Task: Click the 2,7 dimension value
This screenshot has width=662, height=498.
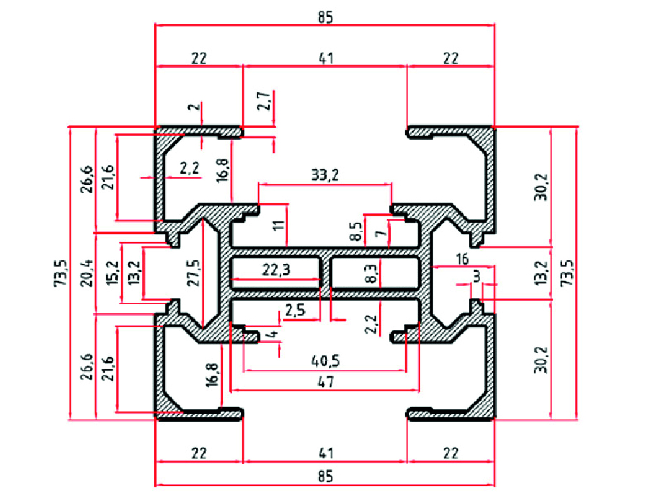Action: [x=264, y=100]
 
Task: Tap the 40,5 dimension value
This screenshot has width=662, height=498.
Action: [x=325, y=362]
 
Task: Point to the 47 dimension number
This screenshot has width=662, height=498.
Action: [x=325, y=381]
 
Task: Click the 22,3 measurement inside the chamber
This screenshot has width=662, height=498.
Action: [x=277, y=270]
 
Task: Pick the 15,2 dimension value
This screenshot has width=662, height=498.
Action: [x=113, y=273]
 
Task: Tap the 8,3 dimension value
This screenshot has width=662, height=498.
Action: [x=370, y=273]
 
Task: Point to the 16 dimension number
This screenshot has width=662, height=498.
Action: [x=462, y=259]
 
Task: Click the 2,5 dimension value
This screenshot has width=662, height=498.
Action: [x=294, y=310]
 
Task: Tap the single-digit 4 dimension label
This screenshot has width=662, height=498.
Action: [x=271, y=336]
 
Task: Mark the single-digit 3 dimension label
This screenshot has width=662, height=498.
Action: [x=477, y=276]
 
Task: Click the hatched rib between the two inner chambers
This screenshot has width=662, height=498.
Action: [x=326, y=274]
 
